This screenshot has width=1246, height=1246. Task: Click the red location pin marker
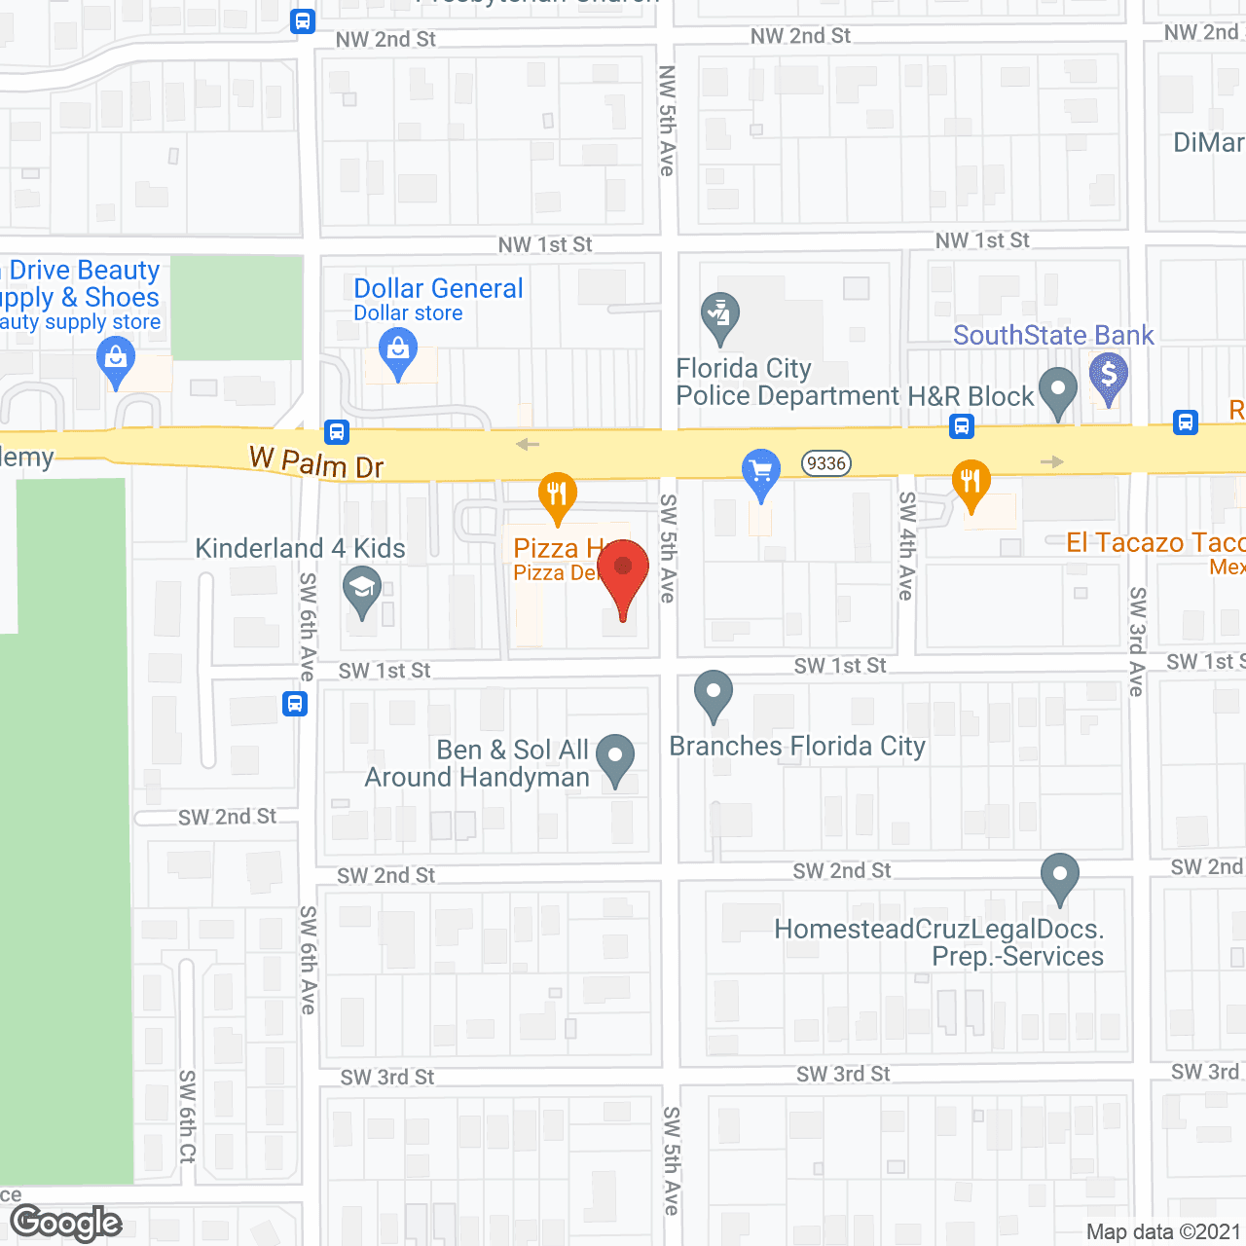coord(623,570)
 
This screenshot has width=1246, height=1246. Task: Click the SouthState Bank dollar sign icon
coord(1108,375)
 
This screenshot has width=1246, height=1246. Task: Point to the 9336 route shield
coord(825,463)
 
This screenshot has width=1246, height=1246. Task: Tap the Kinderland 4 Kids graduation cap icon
coord(362,590)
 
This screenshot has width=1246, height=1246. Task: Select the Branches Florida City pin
coord(714,694)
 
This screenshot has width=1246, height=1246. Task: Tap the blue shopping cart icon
coord(761,473)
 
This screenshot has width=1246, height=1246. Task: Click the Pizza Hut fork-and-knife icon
coord(557,495)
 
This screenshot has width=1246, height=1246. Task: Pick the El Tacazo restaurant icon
coord(971,482)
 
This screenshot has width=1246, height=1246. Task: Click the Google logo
coord(66,1224)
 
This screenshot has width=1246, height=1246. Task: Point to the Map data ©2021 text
coord(1163,1232)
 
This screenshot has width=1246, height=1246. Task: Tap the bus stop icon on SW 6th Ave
coord(295,703)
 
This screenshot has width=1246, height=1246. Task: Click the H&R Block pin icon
coord(1058,390)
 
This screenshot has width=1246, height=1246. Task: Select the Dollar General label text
coord(438,288)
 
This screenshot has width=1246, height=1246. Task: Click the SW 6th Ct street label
coord(187,1116)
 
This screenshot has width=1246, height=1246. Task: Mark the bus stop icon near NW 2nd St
coord(303,20)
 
